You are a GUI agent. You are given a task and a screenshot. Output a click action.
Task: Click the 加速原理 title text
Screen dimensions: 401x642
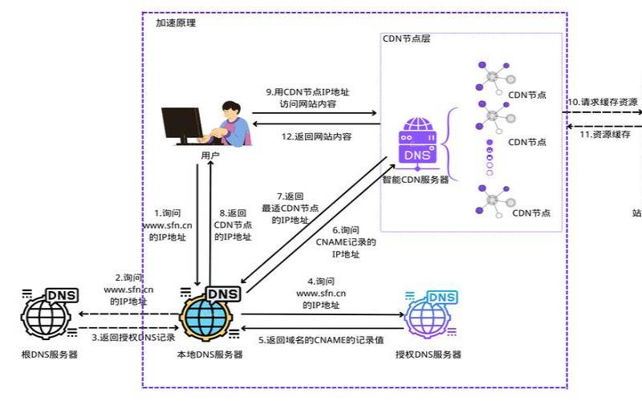click(175, 22)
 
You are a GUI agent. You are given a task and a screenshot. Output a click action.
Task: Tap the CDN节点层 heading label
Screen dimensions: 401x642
click(407, 39)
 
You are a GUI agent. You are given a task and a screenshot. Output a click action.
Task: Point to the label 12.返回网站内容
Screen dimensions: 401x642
click(316, 136)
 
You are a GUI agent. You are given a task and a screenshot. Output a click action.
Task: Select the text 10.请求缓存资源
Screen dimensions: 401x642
click(603, 103)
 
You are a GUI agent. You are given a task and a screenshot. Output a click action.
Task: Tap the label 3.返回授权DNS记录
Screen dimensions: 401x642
click(133, 337)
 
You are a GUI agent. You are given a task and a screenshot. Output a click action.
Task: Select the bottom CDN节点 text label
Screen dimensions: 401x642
click(530, 213)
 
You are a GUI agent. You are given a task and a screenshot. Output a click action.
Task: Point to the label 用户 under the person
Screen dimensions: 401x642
click(210, 155)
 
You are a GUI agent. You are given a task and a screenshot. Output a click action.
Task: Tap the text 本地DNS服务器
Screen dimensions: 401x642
click(209, 354)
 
